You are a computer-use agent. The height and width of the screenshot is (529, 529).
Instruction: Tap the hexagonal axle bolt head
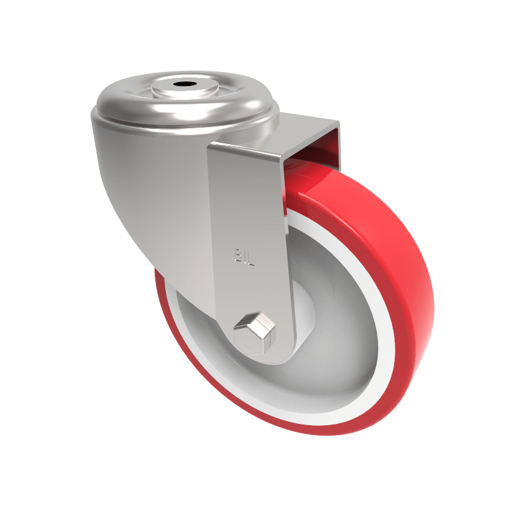(x=254, y=331)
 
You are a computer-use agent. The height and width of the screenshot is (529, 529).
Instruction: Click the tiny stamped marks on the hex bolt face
(x=245, y=342)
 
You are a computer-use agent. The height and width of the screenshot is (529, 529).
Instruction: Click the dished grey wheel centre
(x=331, y=357)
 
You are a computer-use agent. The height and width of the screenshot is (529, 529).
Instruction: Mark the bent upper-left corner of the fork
(x=213, y=149)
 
